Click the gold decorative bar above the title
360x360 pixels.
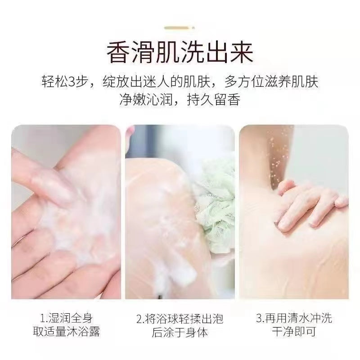point(180,28)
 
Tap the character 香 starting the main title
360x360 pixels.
point(118,52)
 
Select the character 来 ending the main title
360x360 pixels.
point(242,52)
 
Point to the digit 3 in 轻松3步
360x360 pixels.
point(72,81)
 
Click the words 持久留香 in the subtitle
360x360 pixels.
point(213,100)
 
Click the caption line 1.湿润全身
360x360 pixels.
point(66,319)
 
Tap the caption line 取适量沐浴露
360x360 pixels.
point(66,332)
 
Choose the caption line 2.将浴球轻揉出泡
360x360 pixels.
point(180,319)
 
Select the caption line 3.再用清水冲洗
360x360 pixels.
point(294,318)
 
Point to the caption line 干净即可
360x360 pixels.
point(294,332)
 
